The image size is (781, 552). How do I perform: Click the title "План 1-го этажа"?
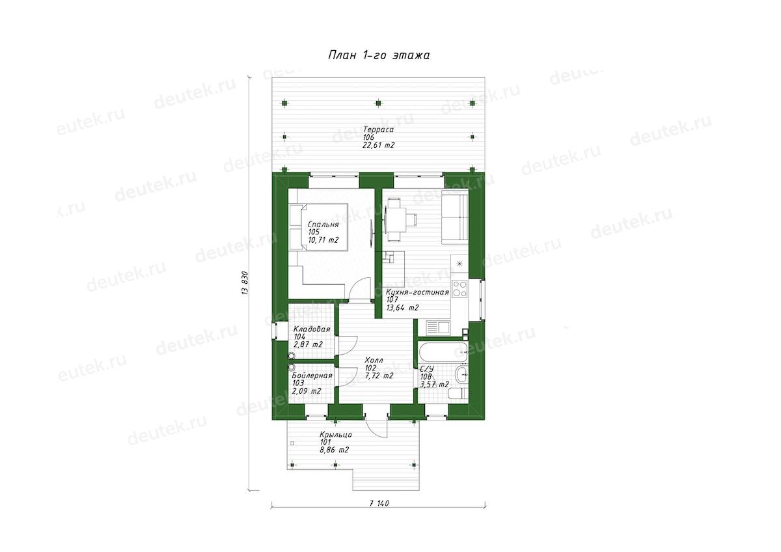click(x=379, y=55)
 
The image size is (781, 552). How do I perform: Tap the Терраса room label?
click(x=378, y=130)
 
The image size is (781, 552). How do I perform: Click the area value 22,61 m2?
click(x=379, y=145)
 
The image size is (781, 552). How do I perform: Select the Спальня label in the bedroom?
click(x=323, y=225)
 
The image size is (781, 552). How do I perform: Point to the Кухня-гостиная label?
click(x=418, y=292)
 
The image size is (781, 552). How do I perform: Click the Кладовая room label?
click(x=312, y=329)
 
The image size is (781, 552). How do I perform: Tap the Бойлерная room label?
click(x=312, y=376)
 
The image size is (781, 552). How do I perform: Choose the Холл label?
click(x=374, y=360)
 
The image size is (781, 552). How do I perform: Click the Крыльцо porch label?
click(x=336, y=435)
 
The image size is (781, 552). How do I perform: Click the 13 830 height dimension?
click(x=245, y=283)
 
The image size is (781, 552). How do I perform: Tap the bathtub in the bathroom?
click(x=443, y=352)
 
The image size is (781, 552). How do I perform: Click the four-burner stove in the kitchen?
click(x=459, y=289)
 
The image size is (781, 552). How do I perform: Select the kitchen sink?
click(x=438, y=328)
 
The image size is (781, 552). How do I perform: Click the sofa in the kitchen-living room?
click(x=455, y=217)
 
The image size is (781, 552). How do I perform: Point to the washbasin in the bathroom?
click(x=461, y=374)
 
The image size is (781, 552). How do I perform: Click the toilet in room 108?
click(x=458, y=394)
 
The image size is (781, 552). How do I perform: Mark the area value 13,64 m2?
click(x=402, y=308)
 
